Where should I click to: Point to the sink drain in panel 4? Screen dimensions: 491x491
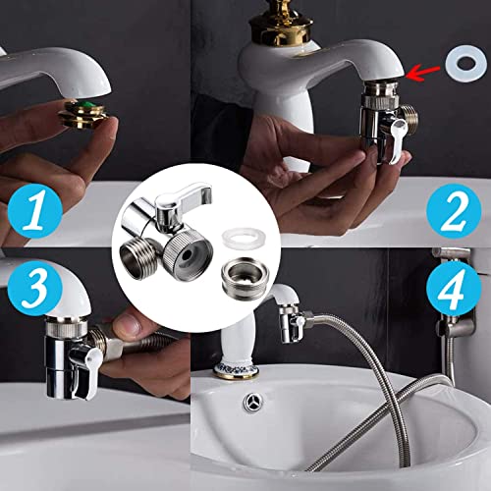(x=251, y=405)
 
